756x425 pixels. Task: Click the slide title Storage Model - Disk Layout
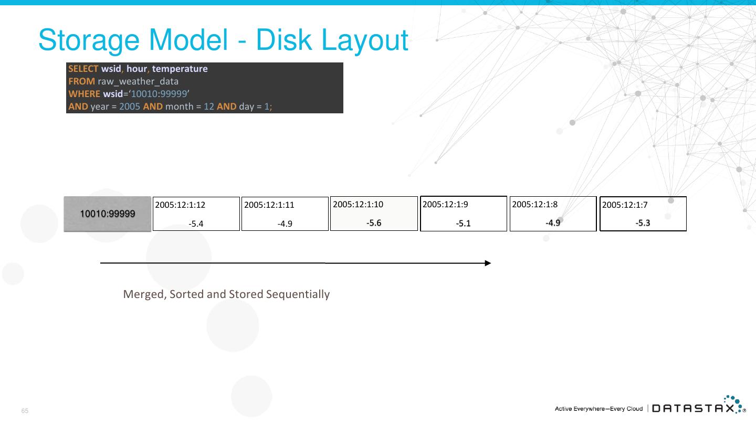pyautogui.click(x=223, y=40)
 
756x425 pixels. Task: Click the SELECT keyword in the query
pyautogui.click(x=83, y=69)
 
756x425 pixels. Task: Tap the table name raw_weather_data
pyautogui.click(x=138, y=81)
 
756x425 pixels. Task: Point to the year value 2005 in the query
pyautogui.click(x=130, y=107)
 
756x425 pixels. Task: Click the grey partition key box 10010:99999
pyautogui.click(x=108, y=214)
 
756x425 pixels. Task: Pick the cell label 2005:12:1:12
pyautogui.click(x=180, y=205)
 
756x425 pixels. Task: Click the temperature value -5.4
pyautogui.click(x=196, y=224)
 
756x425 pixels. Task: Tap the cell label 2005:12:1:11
pyautogui.click(x=269, y=205)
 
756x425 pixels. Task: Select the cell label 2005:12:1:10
pyautogui.click(x=358, y=204)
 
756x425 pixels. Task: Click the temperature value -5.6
pyautogui.click(x=374, y=223)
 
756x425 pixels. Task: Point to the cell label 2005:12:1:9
pyautogui.click(x=445, y=204)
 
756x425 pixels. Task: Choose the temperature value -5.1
pyautogui.click(x=464, y=224)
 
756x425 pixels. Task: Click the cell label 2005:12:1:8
pyautogui.click(x=534, y=204)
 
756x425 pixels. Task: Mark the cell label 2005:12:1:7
pyautogui.click(x=625, y=205)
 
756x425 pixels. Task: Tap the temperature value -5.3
pyautogui.click(x=643, y=223)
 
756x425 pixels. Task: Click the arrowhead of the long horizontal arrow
pyautogui.click(x=488, y=263)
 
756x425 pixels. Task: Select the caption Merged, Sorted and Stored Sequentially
pyautogui.click(x=226, y=294)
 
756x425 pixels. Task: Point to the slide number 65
pyautogui.click(x=25, y=411)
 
